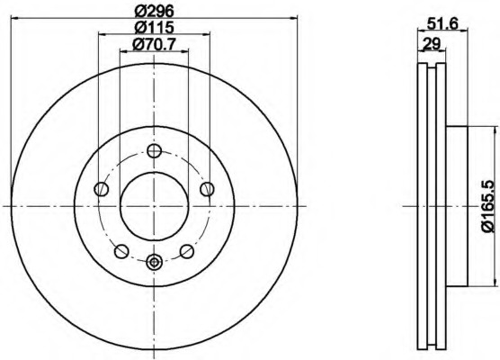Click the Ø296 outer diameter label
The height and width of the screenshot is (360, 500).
153,12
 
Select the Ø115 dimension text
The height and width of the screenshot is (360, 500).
153,28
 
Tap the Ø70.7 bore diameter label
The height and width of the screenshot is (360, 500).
153,44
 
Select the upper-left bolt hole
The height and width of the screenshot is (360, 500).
101,189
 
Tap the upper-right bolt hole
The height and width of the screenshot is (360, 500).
207,188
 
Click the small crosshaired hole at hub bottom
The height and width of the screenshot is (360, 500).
154,263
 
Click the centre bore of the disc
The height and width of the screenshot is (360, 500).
154,206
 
